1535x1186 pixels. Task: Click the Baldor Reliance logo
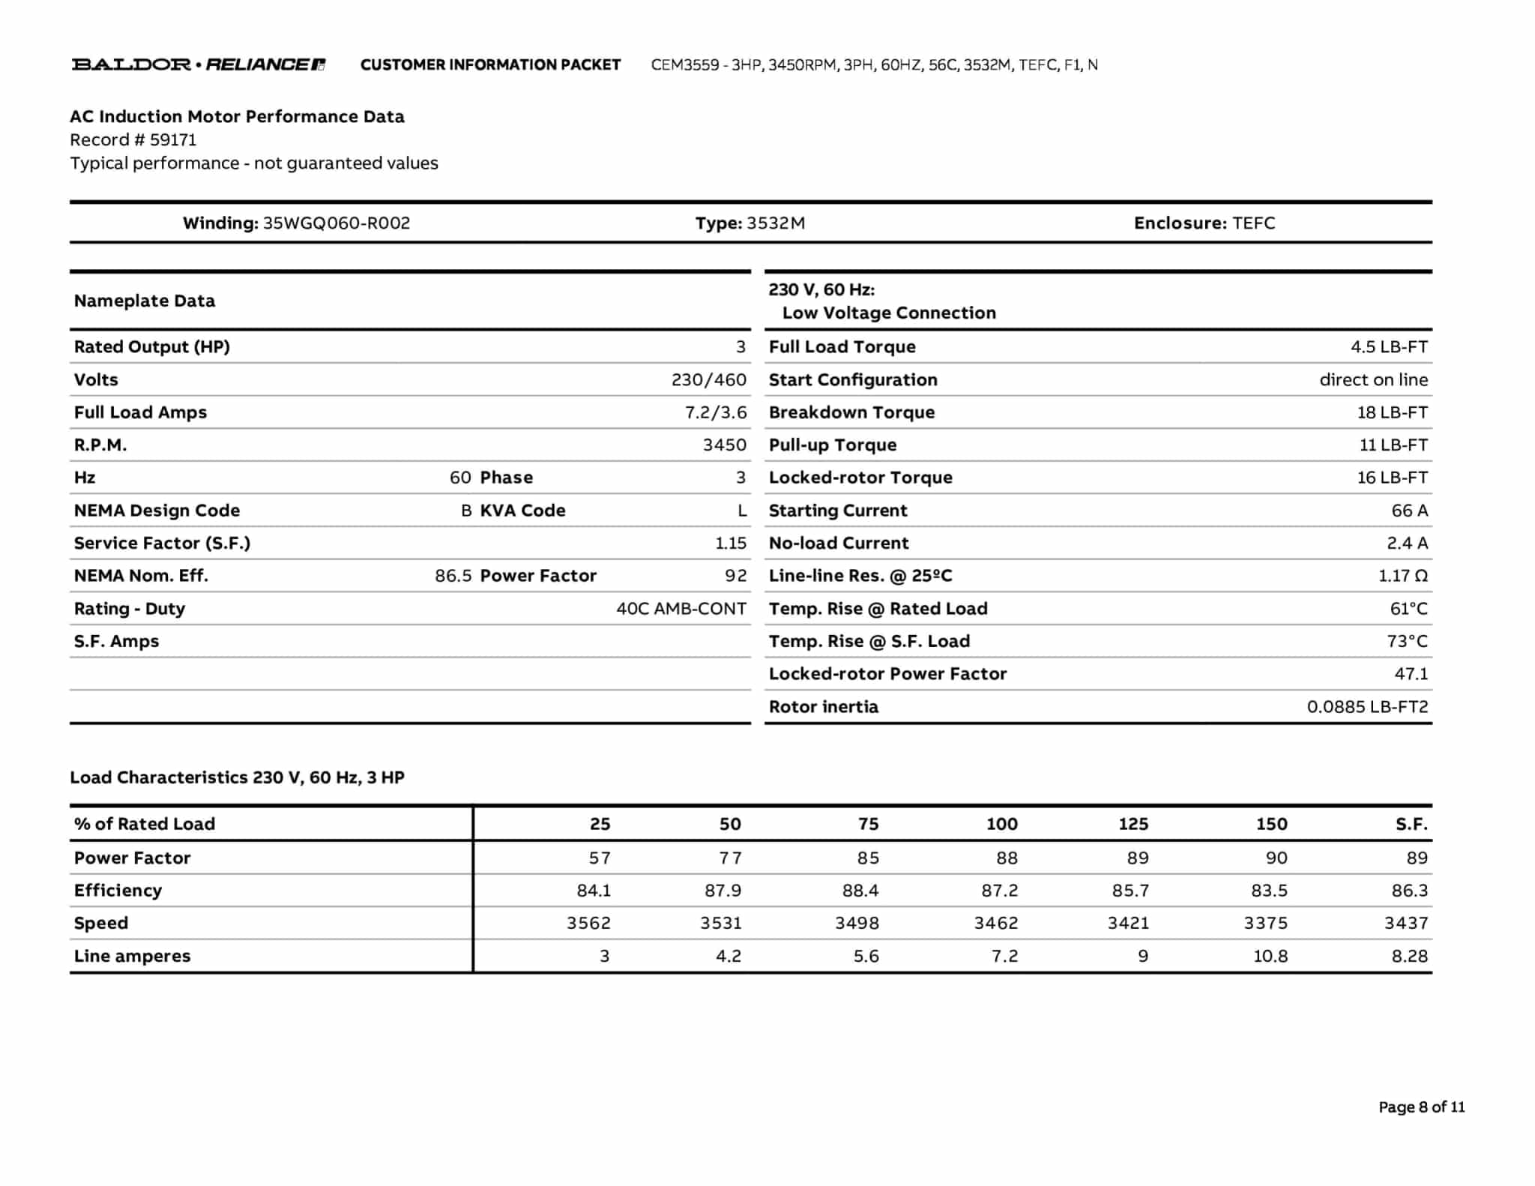click(199, 64)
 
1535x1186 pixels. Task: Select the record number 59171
click(172, 140)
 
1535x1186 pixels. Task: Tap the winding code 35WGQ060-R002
click(336, 223)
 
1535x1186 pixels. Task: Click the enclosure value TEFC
click(1253, 223)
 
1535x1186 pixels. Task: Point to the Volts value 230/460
click(708, 380)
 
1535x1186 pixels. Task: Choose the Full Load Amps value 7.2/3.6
click(715, 413)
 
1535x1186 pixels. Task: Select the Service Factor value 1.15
click(730, 544)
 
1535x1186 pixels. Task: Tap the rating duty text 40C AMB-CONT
click(681, 609)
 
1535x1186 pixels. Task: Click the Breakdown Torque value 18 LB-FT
click(1392, 413)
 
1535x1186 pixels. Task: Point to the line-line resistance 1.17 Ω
click(1402, 577)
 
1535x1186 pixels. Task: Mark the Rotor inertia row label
click(823, 707)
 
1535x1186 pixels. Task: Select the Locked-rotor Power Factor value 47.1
click(1411, 674)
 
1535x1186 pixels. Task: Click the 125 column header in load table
click(1133, 825)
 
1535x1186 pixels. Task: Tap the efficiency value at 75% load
click(860, 891)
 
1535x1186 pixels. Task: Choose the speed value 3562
click(588, 924)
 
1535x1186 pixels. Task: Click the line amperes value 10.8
click(1270, 957)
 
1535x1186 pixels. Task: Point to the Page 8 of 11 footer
click(1421, 1107)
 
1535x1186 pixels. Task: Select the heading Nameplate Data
click(145, 301)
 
